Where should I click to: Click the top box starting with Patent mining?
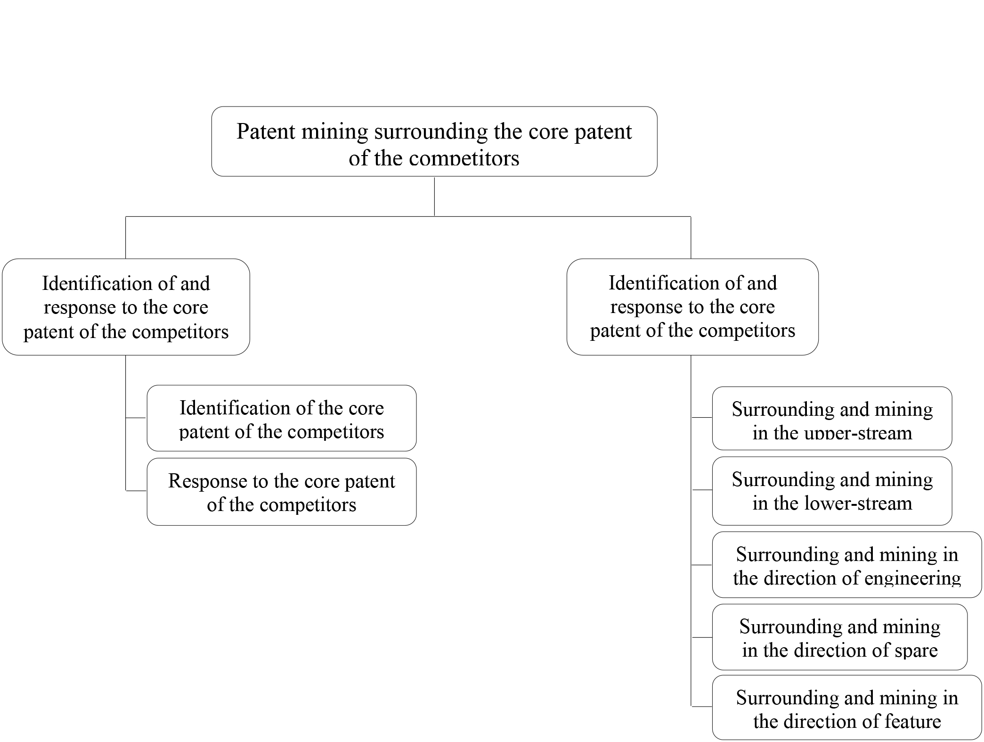pos(434,141)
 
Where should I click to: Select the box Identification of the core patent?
pos(282,418)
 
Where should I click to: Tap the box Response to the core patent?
pos(282,492)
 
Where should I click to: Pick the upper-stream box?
pos(832,418)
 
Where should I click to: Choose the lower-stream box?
pos(832,491)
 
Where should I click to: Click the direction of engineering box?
pos(847,565)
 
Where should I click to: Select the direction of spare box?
pos(840,637)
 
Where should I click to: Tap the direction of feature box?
pos(847,707)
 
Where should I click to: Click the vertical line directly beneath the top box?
pos(434,197)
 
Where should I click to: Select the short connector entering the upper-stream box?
pos(702,418)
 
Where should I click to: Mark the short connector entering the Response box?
pos(136,491)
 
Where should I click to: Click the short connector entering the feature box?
pos(702,707)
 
